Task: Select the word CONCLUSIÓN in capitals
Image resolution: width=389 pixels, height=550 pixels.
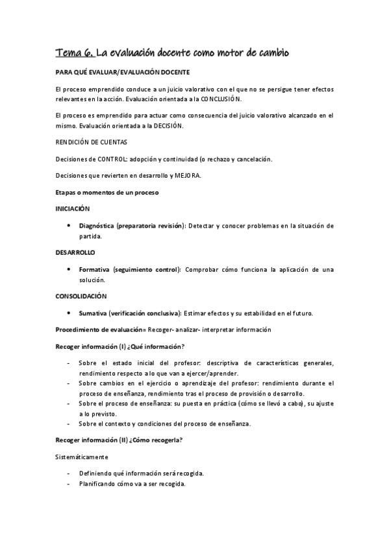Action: [x=220, y=99]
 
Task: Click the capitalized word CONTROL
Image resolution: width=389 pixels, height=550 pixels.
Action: [x=112, y=159]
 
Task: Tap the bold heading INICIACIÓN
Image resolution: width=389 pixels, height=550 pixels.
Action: [x=72, y=209]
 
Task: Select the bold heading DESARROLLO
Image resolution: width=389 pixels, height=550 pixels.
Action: [x=75, y=252]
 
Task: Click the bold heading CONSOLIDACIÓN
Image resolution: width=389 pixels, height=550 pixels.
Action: [x=81, y=296]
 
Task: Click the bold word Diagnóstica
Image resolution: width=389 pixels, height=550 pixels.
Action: [x=97, y=226]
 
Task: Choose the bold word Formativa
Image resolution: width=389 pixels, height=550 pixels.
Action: [x=94, y=269]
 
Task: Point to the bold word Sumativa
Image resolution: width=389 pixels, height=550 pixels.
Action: [x=93, y=313]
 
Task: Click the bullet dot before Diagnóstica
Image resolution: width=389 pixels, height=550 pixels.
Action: [x=69, y=226]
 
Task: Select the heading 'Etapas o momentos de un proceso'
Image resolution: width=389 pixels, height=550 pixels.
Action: [x=107, y=193]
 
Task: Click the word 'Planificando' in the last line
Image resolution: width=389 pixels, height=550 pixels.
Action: [x=97, y=484]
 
